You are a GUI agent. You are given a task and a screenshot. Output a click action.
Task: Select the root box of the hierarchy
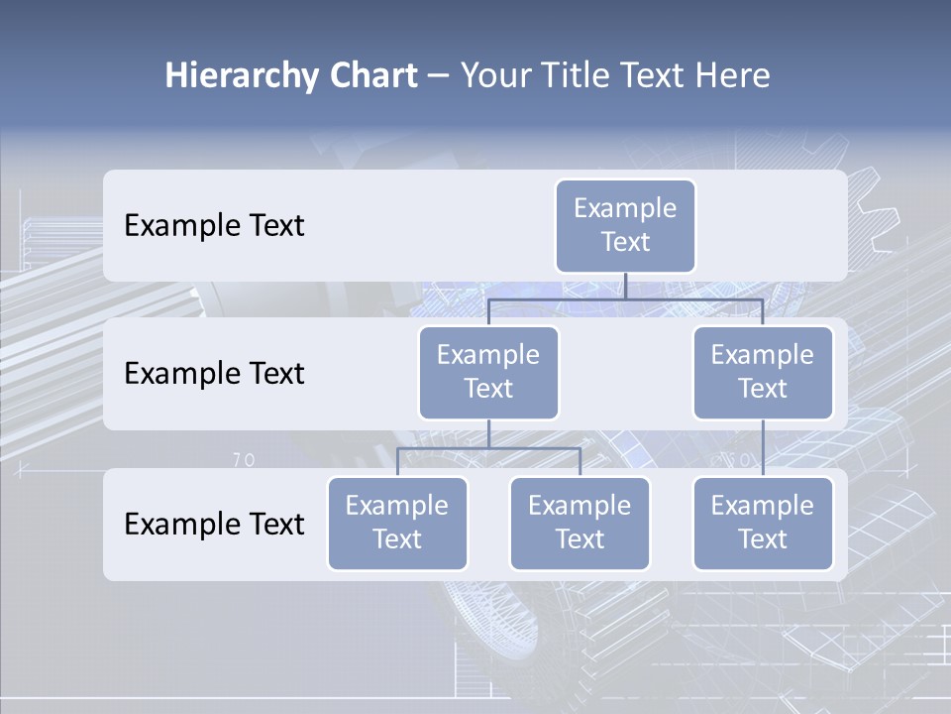tap(625, 226)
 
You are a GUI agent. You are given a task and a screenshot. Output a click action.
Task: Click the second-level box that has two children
tap(488, 373)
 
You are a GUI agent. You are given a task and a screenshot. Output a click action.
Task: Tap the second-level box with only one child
tap(763, 373)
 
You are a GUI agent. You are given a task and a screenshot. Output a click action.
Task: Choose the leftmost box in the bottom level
tap(397, 524)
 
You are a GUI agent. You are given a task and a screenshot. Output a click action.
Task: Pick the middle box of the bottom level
tap(580, 524)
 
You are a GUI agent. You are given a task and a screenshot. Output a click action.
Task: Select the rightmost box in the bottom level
tap(763, 524)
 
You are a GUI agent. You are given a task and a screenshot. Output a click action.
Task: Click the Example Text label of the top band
tap(214, 226)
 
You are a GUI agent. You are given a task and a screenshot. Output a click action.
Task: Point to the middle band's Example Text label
tap(214, 374)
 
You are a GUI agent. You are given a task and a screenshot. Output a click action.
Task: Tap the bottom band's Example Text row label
tap(214, 525)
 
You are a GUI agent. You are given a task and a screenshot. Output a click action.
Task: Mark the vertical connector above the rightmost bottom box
tap(763, 448)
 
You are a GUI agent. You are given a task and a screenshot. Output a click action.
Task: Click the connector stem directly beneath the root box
tap(625, 286)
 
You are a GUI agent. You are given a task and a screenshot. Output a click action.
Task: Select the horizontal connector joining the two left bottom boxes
tap(488, 448)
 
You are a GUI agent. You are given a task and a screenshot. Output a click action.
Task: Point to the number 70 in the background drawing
tap(244, 460)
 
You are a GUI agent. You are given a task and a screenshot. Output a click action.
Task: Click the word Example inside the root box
tap(625, 208)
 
